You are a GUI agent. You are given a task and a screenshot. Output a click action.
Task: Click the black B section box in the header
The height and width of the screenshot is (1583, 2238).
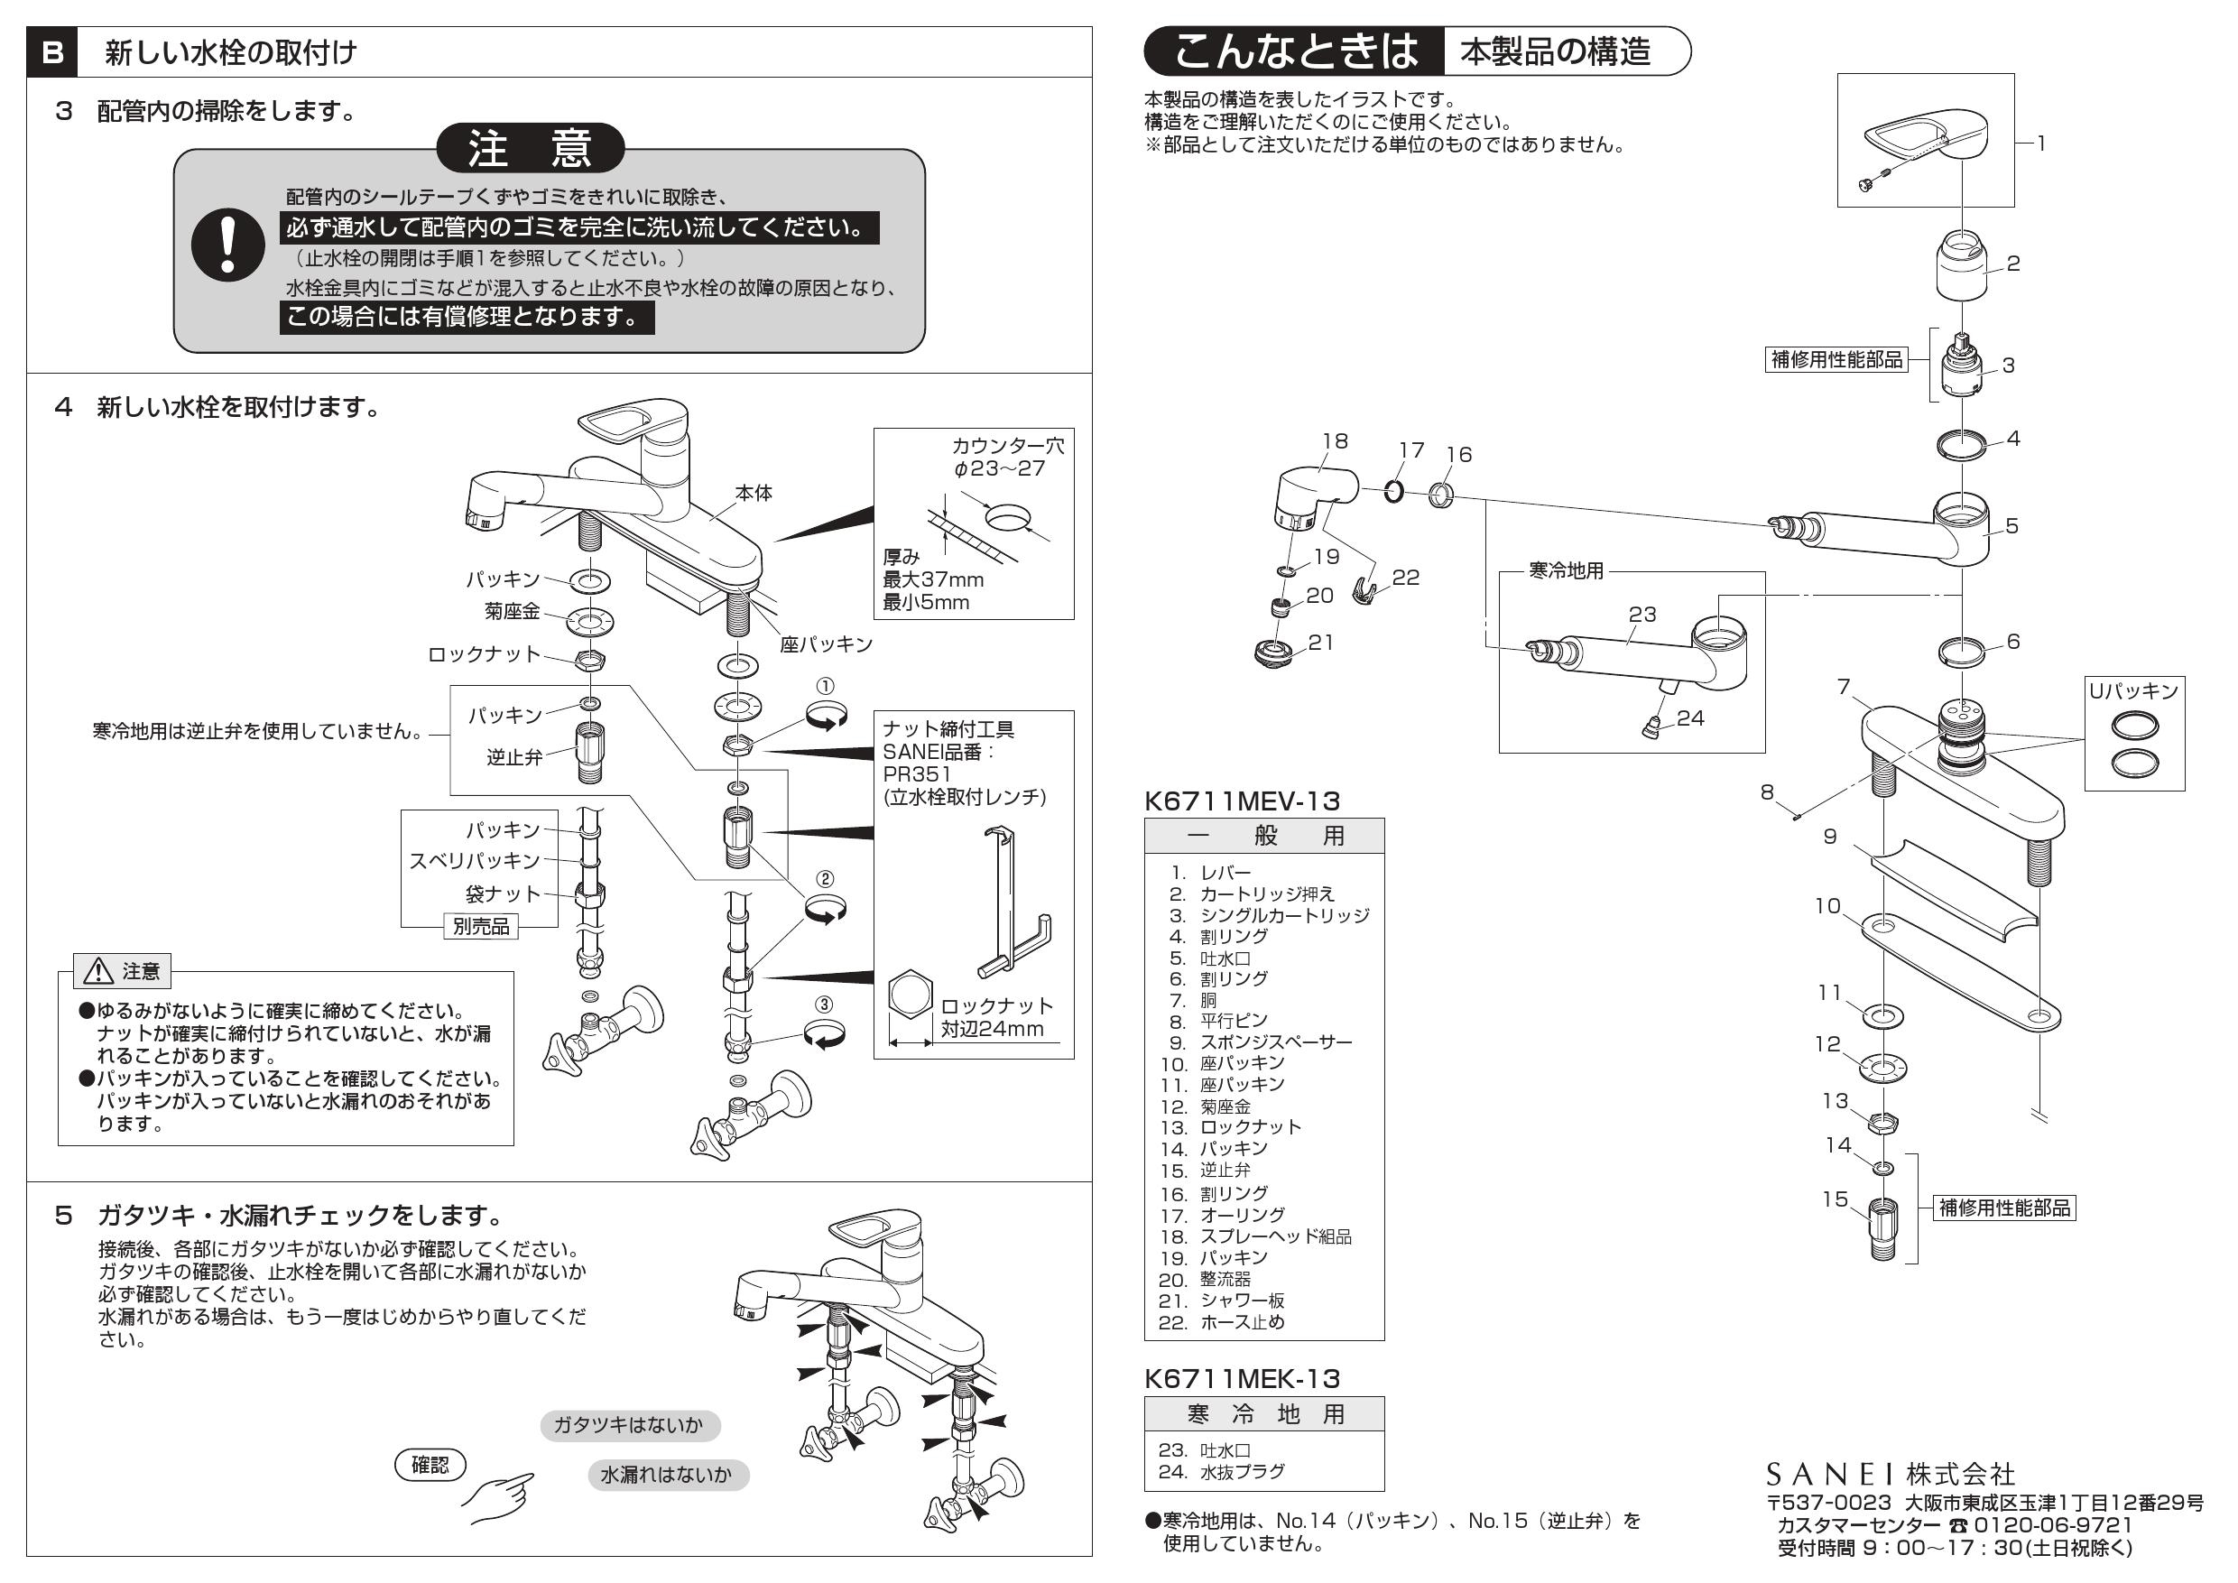click(52, 51)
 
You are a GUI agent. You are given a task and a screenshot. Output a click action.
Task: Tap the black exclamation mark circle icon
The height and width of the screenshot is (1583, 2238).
click(228, 244)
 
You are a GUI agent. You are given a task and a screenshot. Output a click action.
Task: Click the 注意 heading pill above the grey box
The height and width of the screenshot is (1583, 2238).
click(531, 148)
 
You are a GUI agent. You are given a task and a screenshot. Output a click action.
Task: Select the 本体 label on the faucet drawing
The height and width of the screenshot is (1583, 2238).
click(754, 494)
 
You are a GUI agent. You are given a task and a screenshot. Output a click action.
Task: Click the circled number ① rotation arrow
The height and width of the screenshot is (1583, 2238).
click(826, 718)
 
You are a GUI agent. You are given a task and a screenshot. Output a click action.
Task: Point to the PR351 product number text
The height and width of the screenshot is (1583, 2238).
click(916, 774)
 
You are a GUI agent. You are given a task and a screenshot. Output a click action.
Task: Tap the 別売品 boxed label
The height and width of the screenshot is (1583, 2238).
click(481, 926)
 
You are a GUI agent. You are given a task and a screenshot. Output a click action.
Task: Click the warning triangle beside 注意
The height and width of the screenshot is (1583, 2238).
click(99, 971)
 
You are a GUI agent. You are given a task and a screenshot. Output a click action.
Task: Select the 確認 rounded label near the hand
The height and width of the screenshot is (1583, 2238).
click(430, 1464)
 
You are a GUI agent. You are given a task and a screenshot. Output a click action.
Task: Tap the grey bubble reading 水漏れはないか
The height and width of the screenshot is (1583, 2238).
click(667, 1475)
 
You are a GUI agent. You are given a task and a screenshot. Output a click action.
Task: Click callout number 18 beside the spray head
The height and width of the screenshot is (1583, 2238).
click(1335, 441)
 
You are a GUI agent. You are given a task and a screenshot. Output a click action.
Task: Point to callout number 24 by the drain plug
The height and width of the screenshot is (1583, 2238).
click(1690, 718)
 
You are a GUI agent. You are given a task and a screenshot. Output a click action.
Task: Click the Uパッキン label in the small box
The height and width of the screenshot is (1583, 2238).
click(2132, 691)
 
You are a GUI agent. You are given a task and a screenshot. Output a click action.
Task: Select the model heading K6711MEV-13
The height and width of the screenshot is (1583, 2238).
click(1242, 801)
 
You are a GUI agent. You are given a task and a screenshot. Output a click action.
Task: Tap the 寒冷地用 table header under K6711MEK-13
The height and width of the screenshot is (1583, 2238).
click(1264, 1414)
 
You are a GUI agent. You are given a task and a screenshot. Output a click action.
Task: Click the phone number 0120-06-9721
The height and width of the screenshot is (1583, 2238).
click(2053, 1525)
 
